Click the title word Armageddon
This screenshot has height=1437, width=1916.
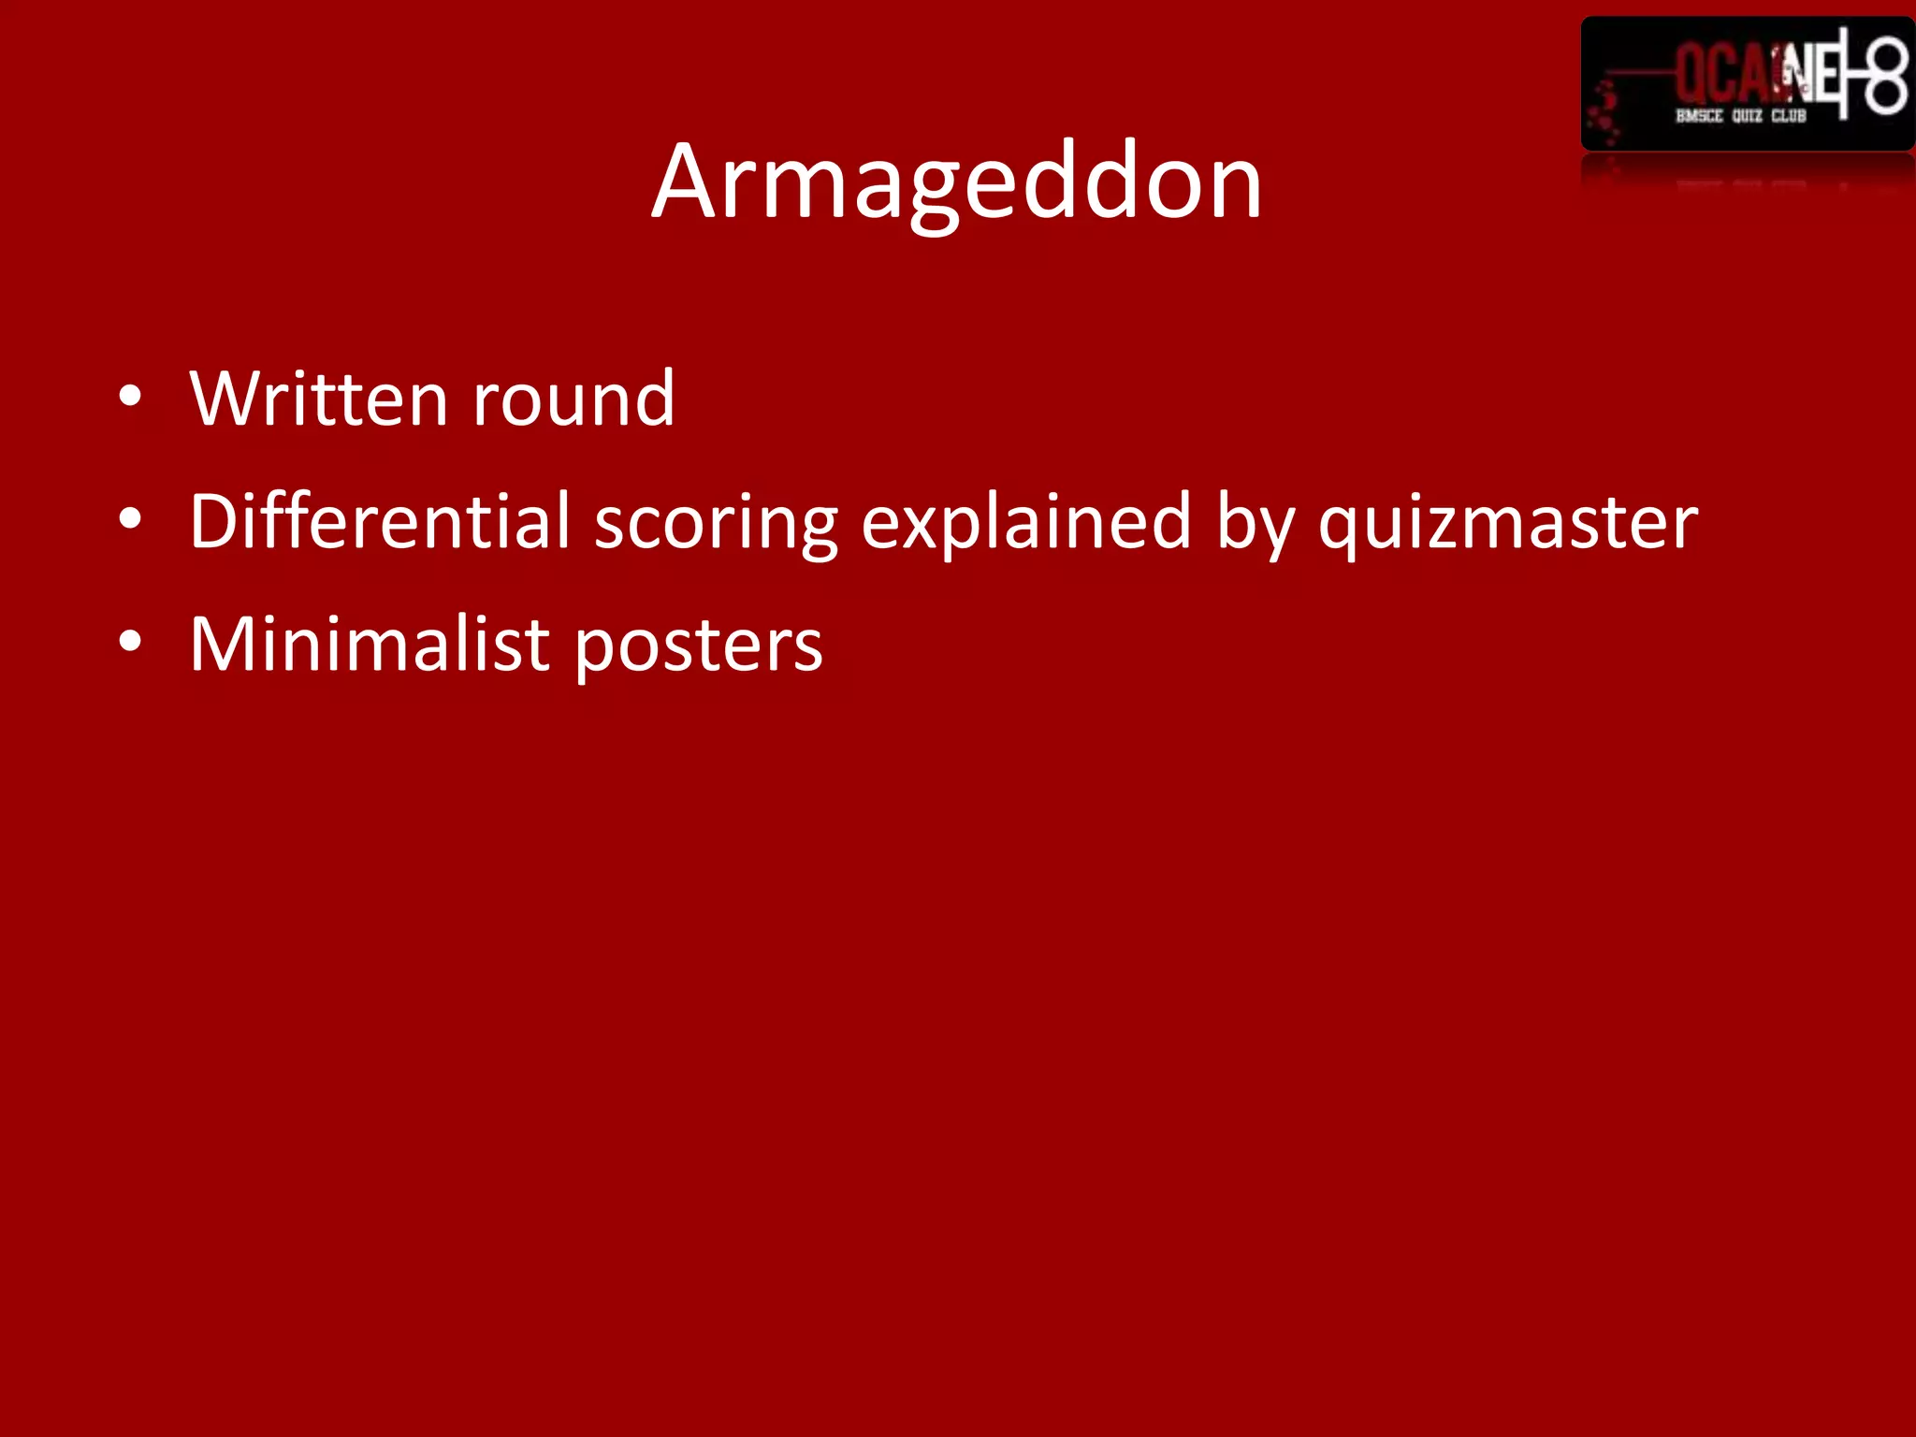coord(956,182)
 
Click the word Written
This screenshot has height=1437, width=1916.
coord(318,399)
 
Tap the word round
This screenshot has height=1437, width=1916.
coord(573,399)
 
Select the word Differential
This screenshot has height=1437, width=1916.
coord(379,521)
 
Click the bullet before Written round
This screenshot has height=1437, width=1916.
coord(130,396)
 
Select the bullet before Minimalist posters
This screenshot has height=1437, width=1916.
coord(130,642)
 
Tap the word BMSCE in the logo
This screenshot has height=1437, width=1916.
coord(1698,116)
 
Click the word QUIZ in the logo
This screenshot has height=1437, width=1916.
coord(1747,116)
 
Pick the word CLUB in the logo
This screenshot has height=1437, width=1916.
coord(1789,116)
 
